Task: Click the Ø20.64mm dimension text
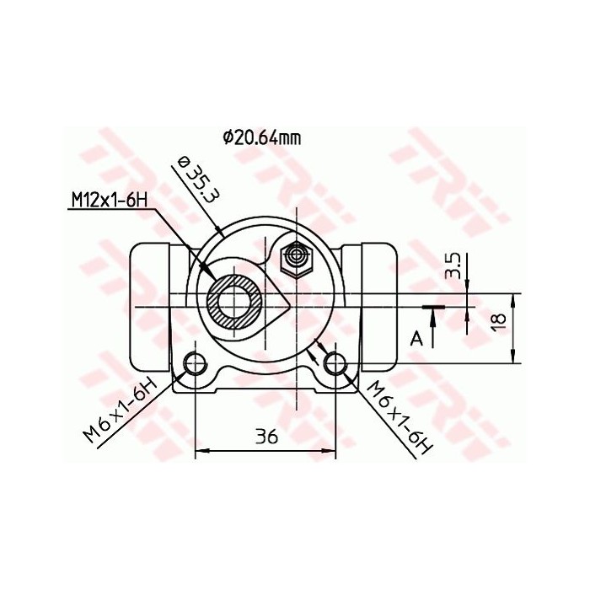pos(262,137)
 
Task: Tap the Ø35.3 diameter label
pos(196,180)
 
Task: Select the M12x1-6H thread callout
pos(109,200)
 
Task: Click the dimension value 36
pos(266,437)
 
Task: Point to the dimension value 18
pos(498,321)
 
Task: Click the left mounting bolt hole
pos(196,363)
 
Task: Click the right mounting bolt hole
pos(335,363)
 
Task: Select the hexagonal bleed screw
pos(296,256)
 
